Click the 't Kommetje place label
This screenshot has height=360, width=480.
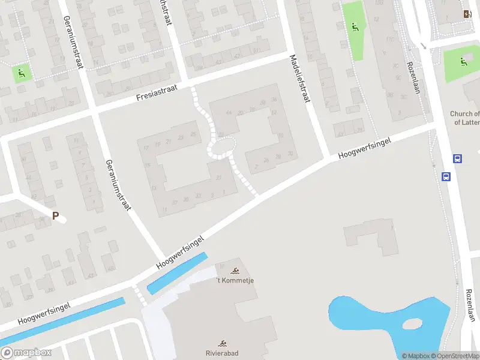[x=235, y=280]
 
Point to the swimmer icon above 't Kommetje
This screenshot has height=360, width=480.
[x=235, y=271]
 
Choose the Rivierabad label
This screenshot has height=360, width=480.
[x=222, y=353]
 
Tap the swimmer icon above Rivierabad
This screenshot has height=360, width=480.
[x=223, y=344]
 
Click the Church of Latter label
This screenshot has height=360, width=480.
[x=465, y=118]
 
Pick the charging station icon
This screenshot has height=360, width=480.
[x=467, y=14]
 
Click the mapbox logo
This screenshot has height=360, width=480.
[x=26, y=353]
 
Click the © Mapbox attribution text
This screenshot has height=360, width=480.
[x=415, y=356]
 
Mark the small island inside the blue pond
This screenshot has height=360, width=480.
[x=413, y=324]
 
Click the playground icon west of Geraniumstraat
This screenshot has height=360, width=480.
[x=22, y=74]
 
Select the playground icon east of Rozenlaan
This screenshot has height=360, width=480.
[x=463, y=61]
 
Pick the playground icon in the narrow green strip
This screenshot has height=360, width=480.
[x=354, y=26]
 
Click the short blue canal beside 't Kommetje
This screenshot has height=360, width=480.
[x=177, y=274]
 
